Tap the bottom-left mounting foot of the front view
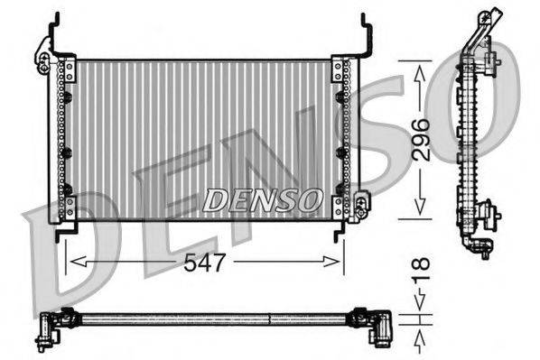[64, 233]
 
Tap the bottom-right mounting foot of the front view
[341, 233]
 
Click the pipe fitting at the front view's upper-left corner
[43, 59]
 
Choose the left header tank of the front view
[65, 140]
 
